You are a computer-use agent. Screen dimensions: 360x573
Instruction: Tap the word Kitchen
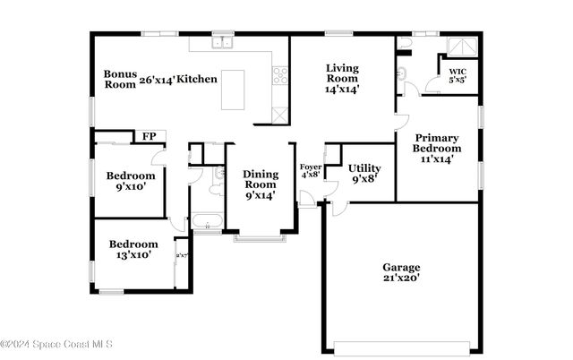coord(196,80)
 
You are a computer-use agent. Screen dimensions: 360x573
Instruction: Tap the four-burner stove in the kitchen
coord(280,75)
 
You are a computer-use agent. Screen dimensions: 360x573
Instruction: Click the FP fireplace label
coord(148,137)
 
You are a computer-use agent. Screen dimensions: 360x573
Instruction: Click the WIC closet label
coord(458,73)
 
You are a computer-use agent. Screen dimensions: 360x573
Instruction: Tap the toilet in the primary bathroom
coord(405,42)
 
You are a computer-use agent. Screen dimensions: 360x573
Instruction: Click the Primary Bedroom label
coord(437,148)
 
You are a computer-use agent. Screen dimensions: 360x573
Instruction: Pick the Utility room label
coord(364,173)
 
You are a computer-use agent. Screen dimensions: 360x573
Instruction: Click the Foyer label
coord(310,170)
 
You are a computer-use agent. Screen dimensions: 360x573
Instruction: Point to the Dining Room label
coord(260,184)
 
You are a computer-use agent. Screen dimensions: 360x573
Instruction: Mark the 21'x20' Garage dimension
coord(400,278)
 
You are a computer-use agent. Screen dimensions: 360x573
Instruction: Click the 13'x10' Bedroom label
coord(133,249)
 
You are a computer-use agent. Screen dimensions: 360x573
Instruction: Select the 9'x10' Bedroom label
coord(131,181)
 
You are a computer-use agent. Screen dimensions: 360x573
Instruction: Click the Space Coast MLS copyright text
coord(63,345)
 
